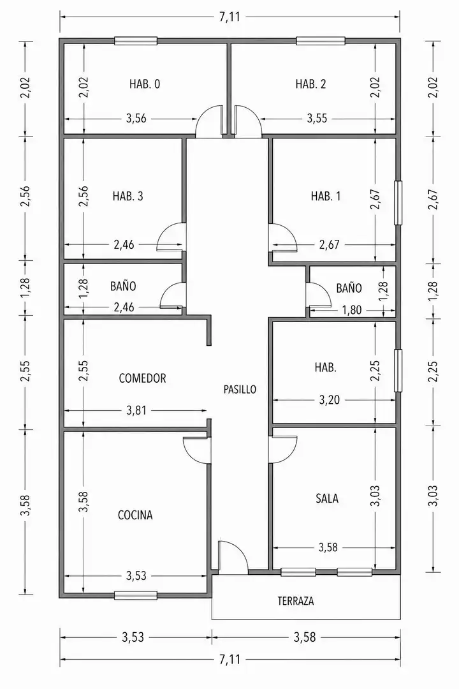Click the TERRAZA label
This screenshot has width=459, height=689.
coord(296,601)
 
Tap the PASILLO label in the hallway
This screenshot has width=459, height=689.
coord(240,389)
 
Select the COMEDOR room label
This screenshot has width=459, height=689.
coord(142,378)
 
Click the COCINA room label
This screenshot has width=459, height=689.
coord(135,515)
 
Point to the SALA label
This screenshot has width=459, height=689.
coord(327,498)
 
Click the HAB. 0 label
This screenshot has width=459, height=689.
coord(145,84)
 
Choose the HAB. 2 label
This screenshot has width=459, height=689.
coord(310,84)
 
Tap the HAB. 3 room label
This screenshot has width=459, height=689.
coord(127,196)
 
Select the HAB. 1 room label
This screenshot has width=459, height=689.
coord(326,196)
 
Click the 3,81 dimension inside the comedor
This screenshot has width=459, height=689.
coord(136,410)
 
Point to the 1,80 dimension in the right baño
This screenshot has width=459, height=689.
coord(352,310)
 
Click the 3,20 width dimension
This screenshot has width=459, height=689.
coord(330,400)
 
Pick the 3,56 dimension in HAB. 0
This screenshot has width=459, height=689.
coord(136,118)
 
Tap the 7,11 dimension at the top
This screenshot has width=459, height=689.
coord(229,17)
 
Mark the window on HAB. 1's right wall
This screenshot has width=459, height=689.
coord(398,203)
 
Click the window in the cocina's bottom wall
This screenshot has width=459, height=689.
coord(136,595)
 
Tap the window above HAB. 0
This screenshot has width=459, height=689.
coord(136,41)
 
